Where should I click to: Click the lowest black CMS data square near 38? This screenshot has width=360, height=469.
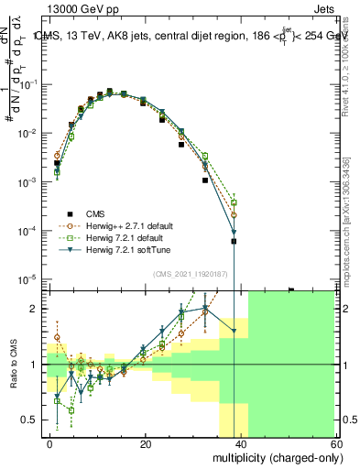pyautogui.click(x=234, y=242)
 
